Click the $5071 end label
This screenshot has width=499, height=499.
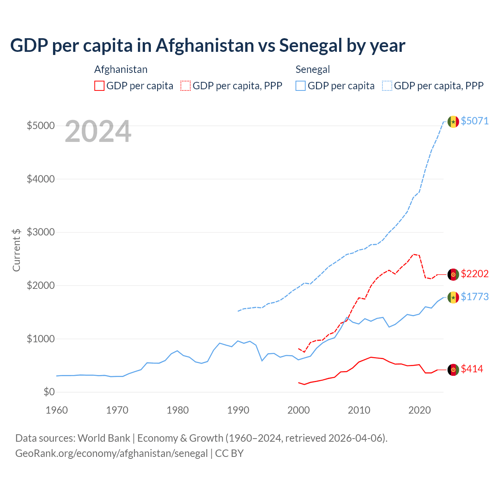(474, 121)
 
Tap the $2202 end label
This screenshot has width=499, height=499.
(474, 274)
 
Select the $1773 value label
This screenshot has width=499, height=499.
(474, 297)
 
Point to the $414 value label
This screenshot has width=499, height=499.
(472, 369)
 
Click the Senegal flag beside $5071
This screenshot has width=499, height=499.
(453, 122)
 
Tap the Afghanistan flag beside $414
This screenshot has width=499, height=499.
(453, 370)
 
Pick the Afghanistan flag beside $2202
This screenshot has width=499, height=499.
(453, 274)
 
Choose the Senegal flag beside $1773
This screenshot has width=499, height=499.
(453, 297)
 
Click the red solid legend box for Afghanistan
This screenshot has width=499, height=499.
(99, 86)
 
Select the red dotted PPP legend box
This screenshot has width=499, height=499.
(186, 86)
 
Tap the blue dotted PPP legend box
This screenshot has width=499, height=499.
(387, 86)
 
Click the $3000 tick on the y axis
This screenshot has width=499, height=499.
(41, 232)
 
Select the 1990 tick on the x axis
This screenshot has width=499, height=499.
(238, 410)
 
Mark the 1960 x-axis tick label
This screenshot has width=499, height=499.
(57, 410)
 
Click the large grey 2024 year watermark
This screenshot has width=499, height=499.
(98, 132)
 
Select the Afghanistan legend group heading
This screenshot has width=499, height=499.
(121, 69)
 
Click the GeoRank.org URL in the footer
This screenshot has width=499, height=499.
(111, 453)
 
